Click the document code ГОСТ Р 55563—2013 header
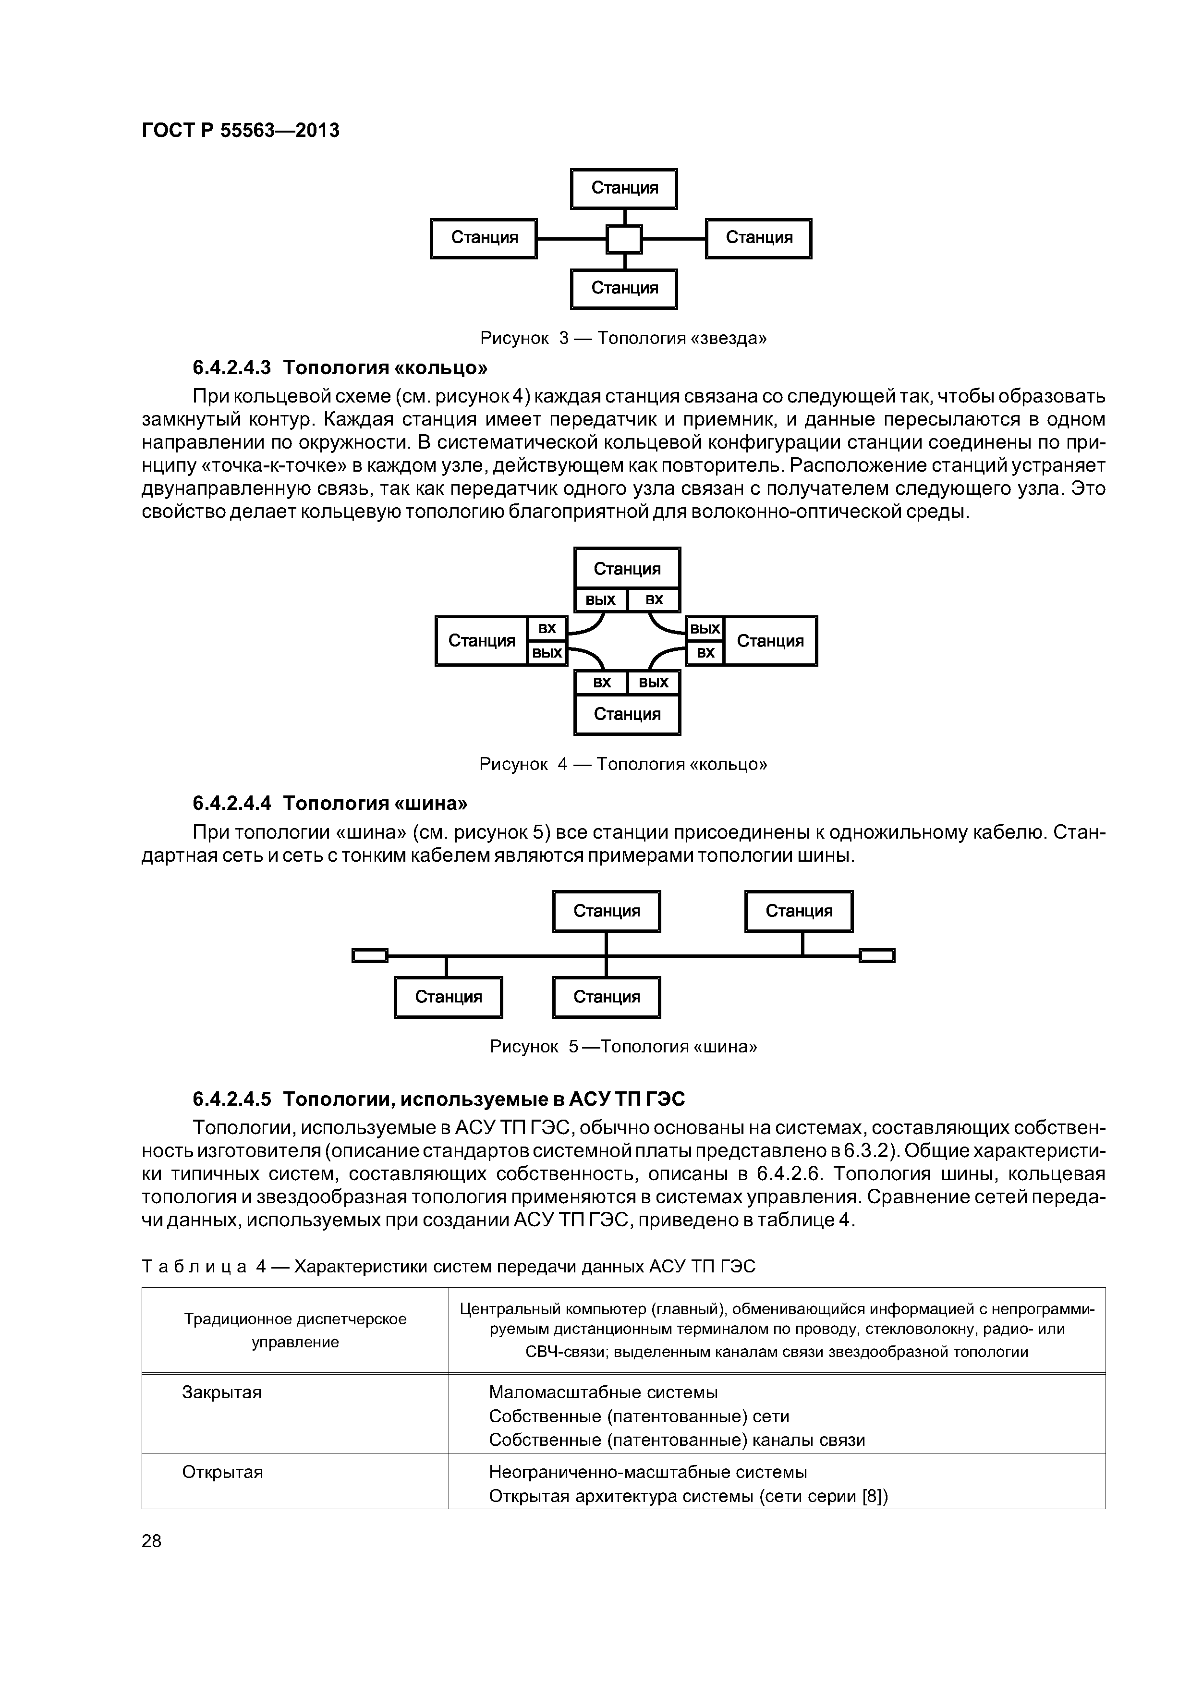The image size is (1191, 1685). [x=240, y=131]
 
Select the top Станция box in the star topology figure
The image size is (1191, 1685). [x=624, y=189]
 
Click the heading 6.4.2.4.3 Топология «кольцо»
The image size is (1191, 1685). [x=340, y=366]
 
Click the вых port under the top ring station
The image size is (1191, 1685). [x=600, y=599]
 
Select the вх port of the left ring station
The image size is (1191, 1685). [x=547, y=629]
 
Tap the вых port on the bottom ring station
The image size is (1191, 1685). [x=653, y=683]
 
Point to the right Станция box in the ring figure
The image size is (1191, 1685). [x=770, y=641]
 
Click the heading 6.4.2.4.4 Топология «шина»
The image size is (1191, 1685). [x=329, y=803]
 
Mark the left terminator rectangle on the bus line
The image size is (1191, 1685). [x=369, y=955]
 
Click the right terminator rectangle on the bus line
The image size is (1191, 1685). [x=877, y=955]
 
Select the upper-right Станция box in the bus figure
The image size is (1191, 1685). [x=799, y=911]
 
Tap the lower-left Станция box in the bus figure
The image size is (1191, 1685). [x=449, y=997]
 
